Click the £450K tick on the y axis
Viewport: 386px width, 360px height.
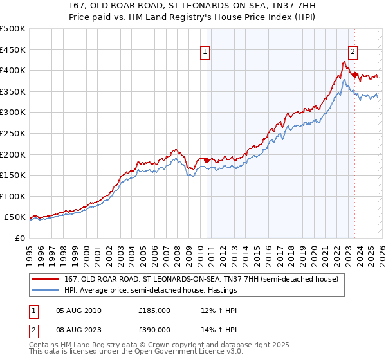(x=13, y=50)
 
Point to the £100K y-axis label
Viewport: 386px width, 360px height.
(x=13, y=196)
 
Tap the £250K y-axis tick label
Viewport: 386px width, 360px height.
(x=13, y=133)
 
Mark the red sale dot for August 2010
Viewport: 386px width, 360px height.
(x=207, y=160)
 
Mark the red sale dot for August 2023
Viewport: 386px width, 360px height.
(x=354, y=75)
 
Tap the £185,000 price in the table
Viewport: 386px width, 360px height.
(x=154, y=310)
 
